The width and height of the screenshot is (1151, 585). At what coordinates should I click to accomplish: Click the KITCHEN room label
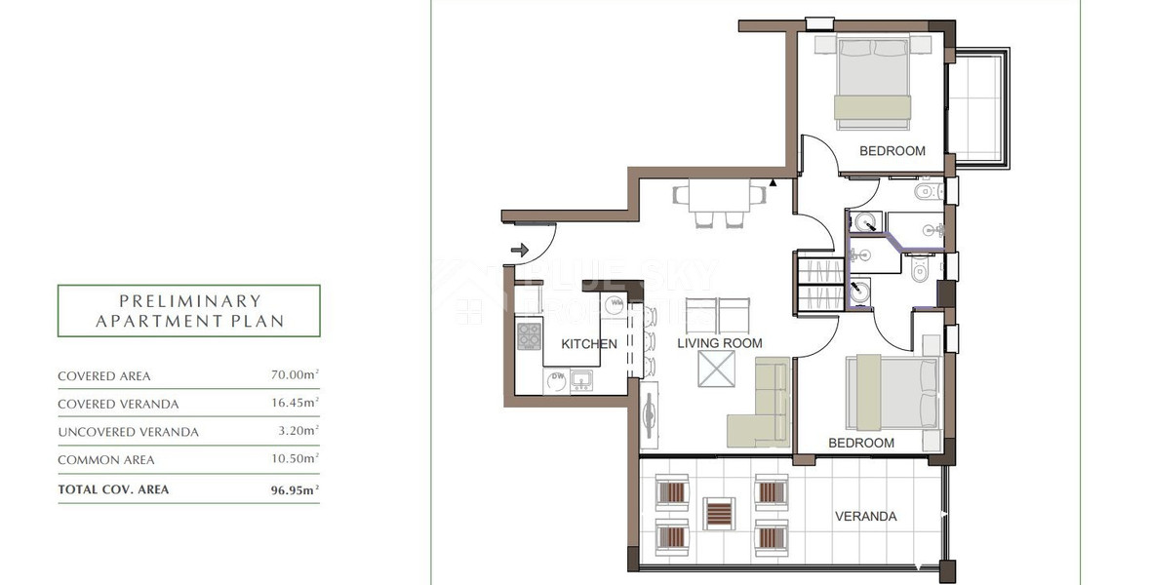coord(588,343)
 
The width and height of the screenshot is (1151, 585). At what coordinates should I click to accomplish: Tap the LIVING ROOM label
coord(720,343)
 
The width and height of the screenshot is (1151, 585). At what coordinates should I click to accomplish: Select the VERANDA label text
coord(865,517)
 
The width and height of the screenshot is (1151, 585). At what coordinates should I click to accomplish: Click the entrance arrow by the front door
coord(517,251)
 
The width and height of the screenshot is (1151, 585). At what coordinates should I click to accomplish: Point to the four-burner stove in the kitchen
coord(529,336)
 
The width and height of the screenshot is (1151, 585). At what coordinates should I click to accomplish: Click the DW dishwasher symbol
coord(531,376)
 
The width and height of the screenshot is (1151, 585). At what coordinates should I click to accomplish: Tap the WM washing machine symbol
coord(615,305)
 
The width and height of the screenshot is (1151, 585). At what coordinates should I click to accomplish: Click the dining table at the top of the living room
coord(719,196)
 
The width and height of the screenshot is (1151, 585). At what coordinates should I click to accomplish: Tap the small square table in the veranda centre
coord(719,513)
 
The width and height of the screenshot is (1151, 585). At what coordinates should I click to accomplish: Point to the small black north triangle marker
coord(774,181)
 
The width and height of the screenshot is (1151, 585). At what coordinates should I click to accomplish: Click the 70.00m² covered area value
coord(295,375)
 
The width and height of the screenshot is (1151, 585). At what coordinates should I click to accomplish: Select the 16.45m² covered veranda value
coord(295,404)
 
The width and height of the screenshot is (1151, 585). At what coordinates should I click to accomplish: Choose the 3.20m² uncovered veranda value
coord(298,431)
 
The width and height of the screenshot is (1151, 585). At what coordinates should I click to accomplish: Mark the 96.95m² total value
coord(295,489)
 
